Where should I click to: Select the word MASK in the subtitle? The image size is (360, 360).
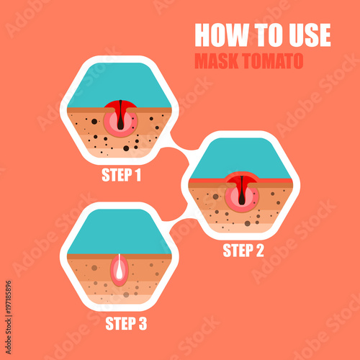pos(217,60)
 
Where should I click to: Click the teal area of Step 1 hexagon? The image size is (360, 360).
pos(120,83)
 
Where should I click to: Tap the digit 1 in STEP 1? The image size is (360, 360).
pos(138,174)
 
